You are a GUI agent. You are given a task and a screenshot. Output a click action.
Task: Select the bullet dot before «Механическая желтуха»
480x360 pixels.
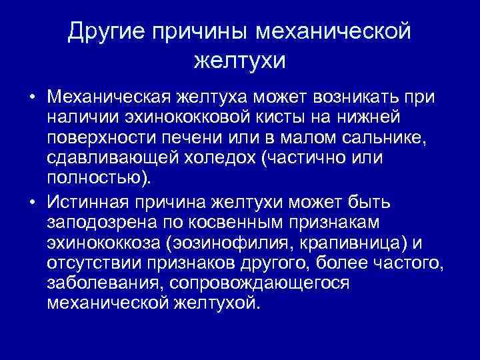(x=31, y=98)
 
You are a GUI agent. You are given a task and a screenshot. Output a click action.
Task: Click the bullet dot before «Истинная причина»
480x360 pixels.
(x=31, y=202)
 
